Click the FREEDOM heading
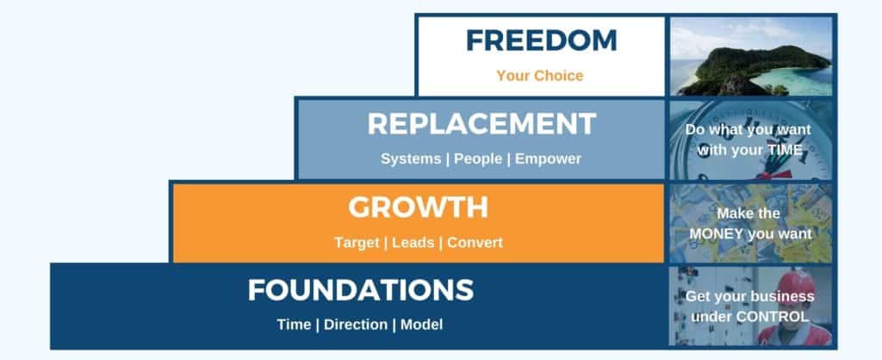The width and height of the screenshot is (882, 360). pyautogui.click(x=541, y=41)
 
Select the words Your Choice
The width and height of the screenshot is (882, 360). pyautogui.click(x=540, y=76)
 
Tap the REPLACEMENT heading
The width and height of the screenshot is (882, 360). pyautogui.click(x=481, y=124)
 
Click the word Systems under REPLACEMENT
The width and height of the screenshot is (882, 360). pyautogui.click(x=411, y=159)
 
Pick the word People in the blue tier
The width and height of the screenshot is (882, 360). pyautogui.click(x=478, y=159)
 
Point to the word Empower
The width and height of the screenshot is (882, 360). pyautogui.click(x=548, y=159)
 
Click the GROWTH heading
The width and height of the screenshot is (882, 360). pyautogui.click(x=418, y=207)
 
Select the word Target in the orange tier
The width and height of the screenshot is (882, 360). pyautogui.click(x=356, y=242)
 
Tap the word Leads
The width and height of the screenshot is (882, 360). pyautogui.click(x=413, y=242)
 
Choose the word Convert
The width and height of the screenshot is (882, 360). pyautogui.click(x=475, y=242)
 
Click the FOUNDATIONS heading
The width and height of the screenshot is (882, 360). pyautogui.click(x=361, y=290)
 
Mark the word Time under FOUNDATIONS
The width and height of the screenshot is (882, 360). pyautogui.click(x=294, y=326)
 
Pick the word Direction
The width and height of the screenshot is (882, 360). pyautogui.click(x=356, y=326)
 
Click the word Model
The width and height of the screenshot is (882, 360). pyautogui.click(x=421, y=326)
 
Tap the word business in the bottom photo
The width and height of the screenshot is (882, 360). pyautogui.click(x=784, y=296)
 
